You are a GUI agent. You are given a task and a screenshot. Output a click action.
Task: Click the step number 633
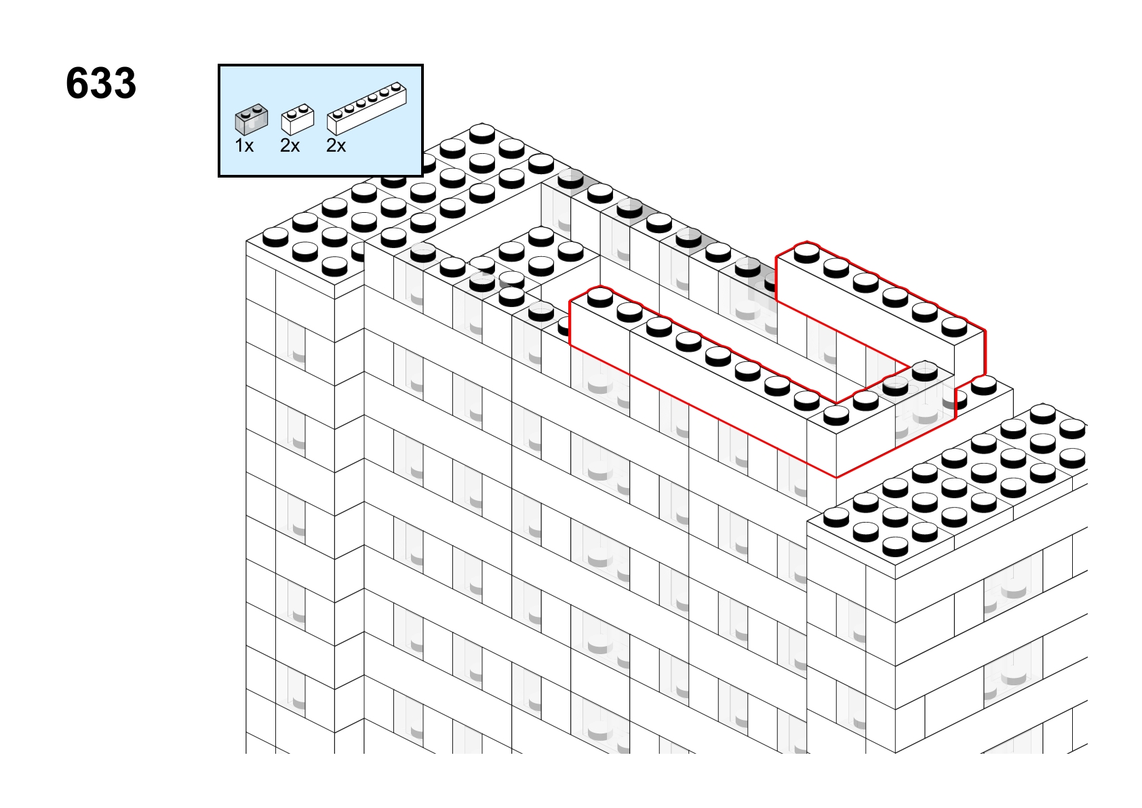101,83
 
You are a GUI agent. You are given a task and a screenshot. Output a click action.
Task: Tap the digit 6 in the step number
77,83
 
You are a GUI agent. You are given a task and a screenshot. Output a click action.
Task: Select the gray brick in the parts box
252,120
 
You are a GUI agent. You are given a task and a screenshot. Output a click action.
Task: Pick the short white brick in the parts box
298,120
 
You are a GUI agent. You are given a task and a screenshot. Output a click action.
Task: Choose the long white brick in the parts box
367,108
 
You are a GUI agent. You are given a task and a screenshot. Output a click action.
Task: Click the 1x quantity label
244,146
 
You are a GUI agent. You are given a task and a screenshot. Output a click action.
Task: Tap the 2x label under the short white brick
290,146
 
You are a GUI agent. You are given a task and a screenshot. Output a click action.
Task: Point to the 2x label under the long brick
336,146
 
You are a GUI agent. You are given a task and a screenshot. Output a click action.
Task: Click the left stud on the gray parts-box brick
245,114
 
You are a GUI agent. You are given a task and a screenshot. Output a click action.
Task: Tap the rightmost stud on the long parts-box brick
395,85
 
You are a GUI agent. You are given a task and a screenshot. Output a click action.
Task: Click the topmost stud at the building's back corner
481,132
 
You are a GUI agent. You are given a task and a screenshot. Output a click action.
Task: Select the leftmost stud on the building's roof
275,237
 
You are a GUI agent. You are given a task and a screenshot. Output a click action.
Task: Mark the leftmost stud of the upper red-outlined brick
806,254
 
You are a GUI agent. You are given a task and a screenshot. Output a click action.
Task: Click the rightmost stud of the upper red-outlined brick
954,327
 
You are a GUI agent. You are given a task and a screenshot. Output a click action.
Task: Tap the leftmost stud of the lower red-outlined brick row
600,297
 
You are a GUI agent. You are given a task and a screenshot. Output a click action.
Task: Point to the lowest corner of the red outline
836,477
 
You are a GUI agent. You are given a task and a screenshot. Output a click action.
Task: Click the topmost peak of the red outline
806,241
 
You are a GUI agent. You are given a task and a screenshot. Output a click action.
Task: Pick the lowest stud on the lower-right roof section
895,547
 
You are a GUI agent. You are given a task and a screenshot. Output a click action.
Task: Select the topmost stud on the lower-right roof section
1042,413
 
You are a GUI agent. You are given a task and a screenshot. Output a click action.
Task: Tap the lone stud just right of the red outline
984,386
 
